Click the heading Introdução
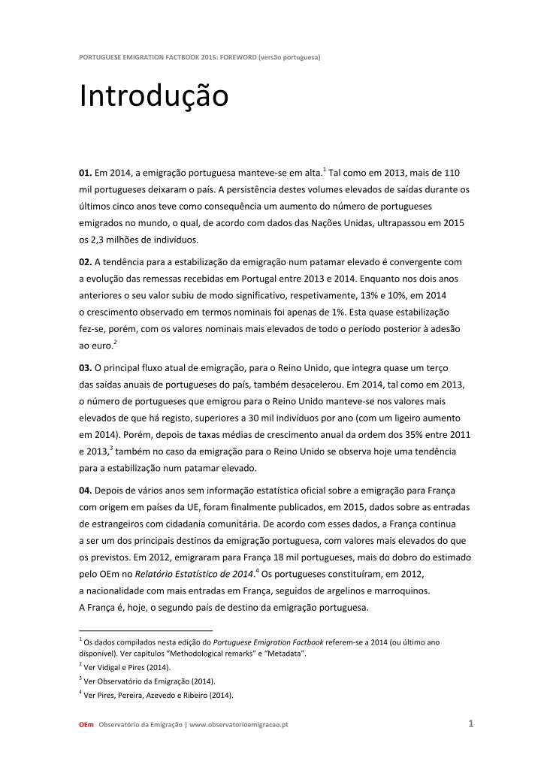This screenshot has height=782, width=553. [x=153, y=97]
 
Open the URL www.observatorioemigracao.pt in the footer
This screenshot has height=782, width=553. [x=239, y=725]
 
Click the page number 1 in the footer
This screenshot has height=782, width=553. [x=470, y=724]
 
